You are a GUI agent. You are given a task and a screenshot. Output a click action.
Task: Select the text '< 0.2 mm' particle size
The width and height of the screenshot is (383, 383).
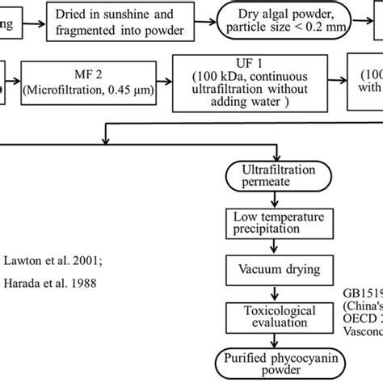pyautogui.click(x=326, y=30)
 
